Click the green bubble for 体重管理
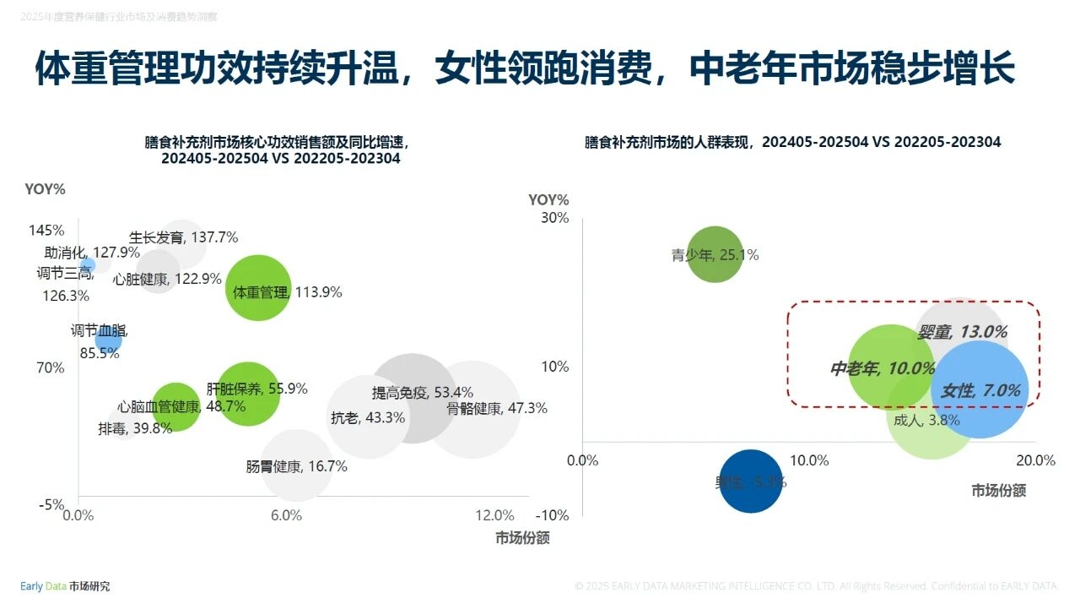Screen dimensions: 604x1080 (x=258, y=288)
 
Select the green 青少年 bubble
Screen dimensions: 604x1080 (x=715, y=253)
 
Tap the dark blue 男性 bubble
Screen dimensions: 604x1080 (x=750, y=482)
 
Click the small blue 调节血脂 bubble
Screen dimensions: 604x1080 (x=108, y=340)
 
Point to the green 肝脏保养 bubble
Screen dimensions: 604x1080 (x=248, y=394)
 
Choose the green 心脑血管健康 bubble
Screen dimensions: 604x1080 (x=175, y=407)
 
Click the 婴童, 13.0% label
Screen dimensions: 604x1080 (x=974, y=332)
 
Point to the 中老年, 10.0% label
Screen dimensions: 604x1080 (x=883, y=368)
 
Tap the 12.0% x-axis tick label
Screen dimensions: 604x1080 (x=494, y=515)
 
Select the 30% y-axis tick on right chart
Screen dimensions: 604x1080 (x=555, y=218)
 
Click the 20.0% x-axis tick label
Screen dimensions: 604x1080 (x=1035, y=460)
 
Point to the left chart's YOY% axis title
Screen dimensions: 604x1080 (x=45, y=189)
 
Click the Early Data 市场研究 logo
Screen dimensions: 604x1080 (x=65, y=586)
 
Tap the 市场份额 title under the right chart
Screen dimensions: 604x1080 (x=998, y=491)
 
